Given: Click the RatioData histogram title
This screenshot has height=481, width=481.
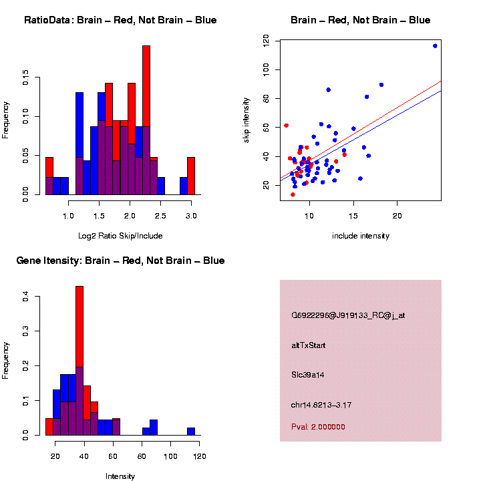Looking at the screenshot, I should tap(120, 20).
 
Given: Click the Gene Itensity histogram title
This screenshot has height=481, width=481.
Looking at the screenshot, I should tap(120, 261).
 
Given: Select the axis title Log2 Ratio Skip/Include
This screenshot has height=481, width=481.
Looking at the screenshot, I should tap(120, 236).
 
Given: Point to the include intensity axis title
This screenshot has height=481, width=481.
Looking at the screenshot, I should tap(360, 236).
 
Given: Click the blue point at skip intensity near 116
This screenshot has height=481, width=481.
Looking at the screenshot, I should tap(435, 46).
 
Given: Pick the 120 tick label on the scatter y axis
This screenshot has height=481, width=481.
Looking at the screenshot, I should tap(267, 41).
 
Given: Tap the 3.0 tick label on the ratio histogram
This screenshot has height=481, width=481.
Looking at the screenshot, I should tap(191, 216).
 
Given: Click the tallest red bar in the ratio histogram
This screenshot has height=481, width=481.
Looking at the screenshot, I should tap(146, 120).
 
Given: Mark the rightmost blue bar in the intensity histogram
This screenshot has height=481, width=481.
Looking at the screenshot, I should tap(191, 432).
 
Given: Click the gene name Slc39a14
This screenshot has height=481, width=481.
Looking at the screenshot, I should tap(308, 375).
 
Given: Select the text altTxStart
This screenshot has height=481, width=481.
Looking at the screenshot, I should tap(309, 345).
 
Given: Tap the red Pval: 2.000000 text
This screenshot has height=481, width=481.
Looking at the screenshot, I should tap(319, 426).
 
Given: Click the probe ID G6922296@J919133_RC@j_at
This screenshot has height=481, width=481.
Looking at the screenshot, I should tap(348, 315).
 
